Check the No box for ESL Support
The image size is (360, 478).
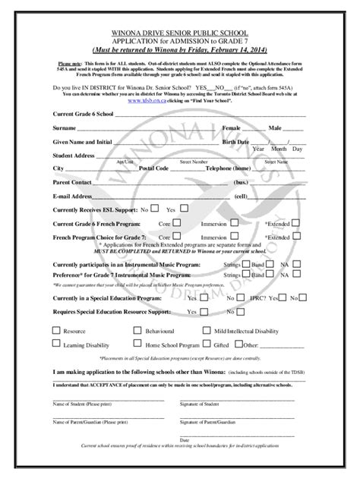pos(155,209)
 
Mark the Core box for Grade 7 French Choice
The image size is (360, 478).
pos(176,237)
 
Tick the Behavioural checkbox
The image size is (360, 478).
pos(137,331)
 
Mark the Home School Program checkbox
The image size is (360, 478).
pos(137,344)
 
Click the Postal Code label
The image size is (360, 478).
pos(153,168)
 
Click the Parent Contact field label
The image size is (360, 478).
pos(72,182)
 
